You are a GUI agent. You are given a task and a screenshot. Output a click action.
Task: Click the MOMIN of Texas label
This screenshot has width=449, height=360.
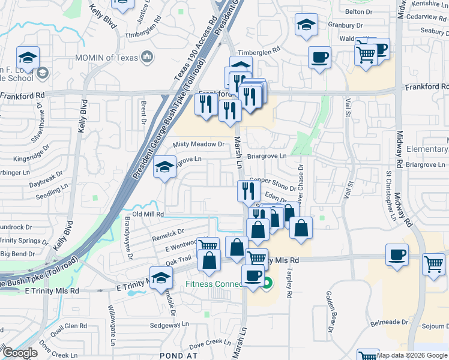tap(106, 58)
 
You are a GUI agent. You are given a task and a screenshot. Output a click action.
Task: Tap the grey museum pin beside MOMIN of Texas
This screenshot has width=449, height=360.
tap(147, 58)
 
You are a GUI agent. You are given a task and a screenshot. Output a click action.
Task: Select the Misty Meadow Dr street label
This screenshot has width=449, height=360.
tap(198, 145)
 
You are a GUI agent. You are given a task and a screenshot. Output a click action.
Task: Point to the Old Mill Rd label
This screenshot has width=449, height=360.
tap(148, 214)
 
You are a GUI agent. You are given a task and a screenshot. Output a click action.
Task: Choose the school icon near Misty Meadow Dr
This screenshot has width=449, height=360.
tap(163, 169)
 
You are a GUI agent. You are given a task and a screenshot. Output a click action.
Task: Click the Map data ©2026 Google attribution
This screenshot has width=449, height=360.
tap(412, 355)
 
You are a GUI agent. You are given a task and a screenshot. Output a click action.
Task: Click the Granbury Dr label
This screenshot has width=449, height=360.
tap(346, 25)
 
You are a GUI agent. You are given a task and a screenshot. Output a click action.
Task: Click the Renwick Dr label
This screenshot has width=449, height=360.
tap(163, 233)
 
